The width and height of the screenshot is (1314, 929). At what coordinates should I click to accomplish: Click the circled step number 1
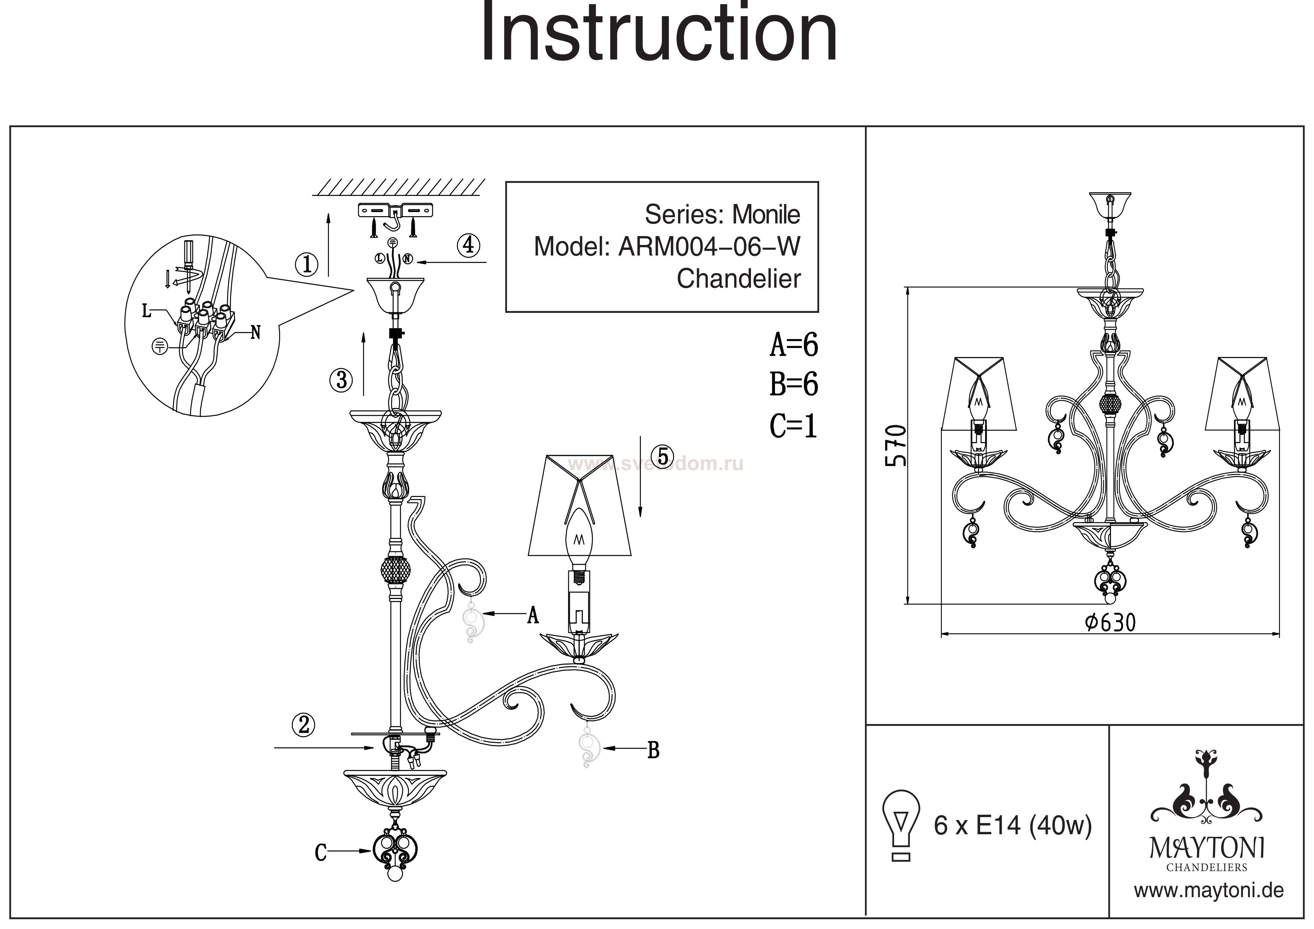(x=307, y=264)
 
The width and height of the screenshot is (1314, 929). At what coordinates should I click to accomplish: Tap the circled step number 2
(x=304, y=725)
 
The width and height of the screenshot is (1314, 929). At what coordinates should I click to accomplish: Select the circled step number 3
(x=341, y=379)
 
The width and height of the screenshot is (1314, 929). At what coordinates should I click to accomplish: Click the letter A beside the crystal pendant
(x=533, y=615)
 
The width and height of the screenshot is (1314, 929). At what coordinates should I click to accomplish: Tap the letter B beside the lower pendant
(x=653, y=750)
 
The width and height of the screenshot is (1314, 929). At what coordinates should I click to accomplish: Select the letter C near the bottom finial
(x=321, y=853)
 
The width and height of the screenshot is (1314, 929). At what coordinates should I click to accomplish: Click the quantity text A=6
(x=794, y=345)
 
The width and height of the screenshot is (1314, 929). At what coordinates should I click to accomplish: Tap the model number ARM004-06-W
(x=709, y=247)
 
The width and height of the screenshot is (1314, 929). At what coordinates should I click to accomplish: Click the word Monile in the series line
(x=766, y=215)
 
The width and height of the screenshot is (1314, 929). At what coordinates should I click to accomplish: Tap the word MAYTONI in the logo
(x=1207, y=848)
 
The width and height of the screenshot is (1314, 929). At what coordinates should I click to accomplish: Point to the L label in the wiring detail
(x=146, y=311)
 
